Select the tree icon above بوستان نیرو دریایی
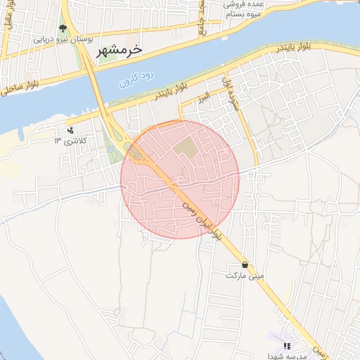[63, 29]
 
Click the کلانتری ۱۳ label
[68, 141]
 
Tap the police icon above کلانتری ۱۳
[70, 130]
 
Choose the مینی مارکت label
[245, 276]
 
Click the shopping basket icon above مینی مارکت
[245, 265]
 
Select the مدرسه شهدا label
[286, 356]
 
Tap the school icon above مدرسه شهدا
[286, 346]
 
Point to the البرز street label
[203, 96]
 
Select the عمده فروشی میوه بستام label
[243, 9]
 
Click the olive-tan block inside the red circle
[187, 148]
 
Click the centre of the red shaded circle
[180, 179]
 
